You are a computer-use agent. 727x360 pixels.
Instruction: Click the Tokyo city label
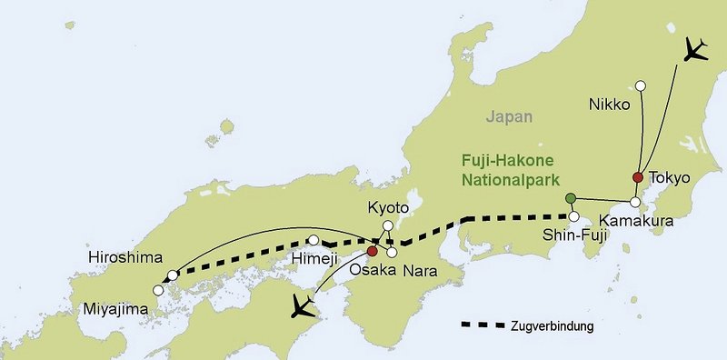coord(671,177)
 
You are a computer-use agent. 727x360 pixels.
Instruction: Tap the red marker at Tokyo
coord(638,177)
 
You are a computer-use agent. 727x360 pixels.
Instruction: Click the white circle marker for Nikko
coord(640,86)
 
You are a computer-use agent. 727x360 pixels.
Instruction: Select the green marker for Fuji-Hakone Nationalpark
coord(570,198)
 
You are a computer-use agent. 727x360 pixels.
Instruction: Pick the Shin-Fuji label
coord(575,235)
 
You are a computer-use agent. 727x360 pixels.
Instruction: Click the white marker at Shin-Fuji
coord(574,216)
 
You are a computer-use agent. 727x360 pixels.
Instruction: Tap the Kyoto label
coord(388,208)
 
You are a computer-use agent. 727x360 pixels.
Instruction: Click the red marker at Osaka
coord(372,251)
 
